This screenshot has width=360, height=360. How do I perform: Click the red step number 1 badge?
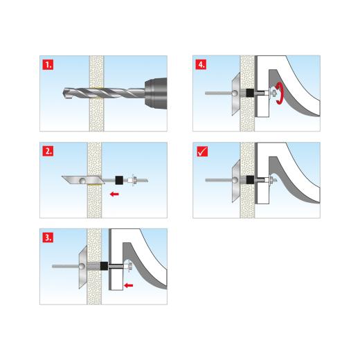click(x=48, y=64)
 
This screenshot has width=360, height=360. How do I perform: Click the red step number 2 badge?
click(x=48, y=151)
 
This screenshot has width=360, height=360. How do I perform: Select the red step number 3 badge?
click(x=48, y=237)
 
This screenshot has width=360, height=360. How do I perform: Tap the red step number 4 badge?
click(x=201, y=64)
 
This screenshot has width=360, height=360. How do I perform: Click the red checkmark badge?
click(x=202, y=152)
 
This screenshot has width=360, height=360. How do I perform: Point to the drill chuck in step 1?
click(x=156, y=93)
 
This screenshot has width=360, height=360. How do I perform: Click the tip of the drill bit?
click(x=63, y=93)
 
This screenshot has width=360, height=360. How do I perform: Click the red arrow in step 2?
click(x=114, y=194)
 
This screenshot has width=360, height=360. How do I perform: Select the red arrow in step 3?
click(x=129, y=285)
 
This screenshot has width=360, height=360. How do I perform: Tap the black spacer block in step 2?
click(x=119, y=180)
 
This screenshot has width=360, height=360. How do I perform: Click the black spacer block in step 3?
click(x=104, y=267)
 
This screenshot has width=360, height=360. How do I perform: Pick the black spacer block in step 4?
click(x=250, y=93)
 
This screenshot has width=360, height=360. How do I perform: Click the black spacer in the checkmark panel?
click(x=250, y=180)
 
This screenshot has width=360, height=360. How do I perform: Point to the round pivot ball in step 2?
click(x=82, y=181)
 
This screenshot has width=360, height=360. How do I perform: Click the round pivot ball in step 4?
click(x=235, y=93)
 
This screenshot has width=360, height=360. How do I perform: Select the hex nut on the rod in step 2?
click(x=134, y=180)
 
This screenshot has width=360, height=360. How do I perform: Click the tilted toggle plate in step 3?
click(x=83, y=267)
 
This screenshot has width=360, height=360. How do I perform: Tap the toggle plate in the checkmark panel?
click(x=236, y=181)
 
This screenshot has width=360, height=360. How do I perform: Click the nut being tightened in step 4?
click(x=274, y=93)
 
